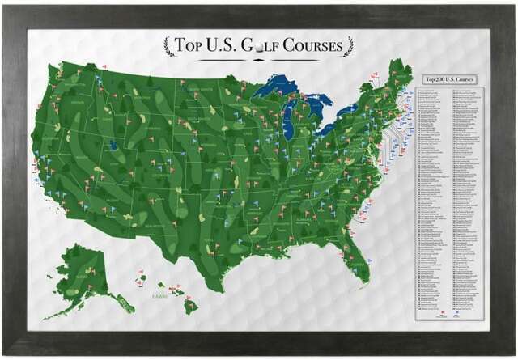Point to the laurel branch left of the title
point(169,46)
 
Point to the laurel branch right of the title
point(348,46)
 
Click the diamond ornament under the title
point(259,59)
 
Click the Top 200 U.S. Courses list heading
point(444,78)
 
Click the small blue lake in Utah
point(113,146)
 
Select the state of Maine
point(401,77)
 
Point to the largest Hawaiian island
point(190,306)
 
